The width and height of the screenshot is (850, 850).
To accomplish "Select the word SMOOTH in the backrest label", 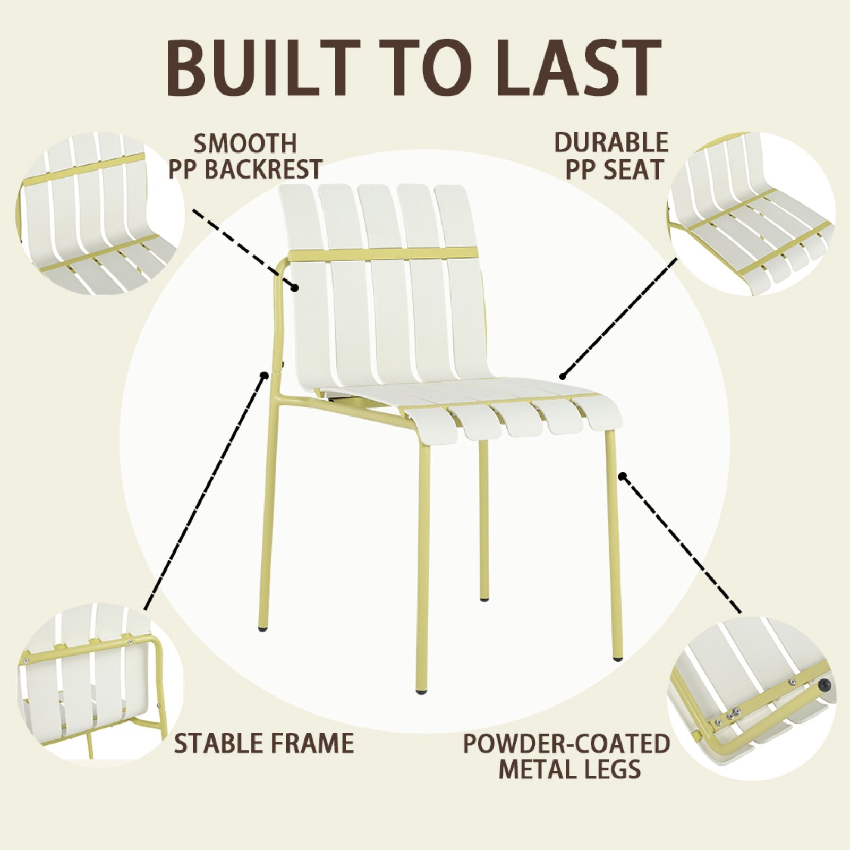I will (245, 143).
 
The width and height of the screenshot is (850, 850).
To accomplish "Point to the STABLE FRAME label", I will (264, 742).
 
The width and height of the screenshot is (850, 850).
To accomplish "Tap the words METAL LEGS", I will (569, 769).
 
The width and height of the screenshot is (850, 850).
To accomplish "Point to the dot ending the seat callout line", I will (563, 376).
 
